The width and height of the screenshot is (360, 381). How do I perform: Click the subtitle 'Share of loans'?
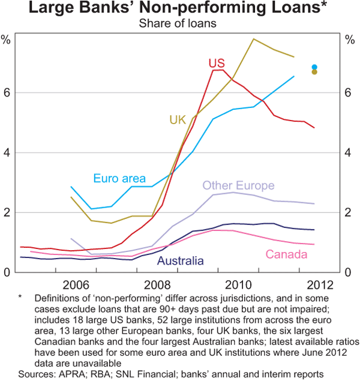click(179, 23)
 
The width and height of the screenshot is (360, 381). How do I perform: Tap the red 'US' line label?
click(217, 63)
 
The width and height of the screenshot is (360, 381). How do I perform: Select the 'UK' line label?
click(178, 120)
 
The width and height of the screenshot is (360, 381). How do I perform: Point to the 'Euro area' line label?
click(119, 178)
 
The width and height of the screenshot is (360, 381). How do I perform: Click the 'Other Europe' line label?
click(238, 185)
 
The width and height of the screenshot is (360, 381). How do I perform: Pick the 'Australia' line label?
click(181, 260)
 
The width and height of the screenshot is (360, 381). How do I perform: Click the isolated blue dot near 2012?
click(314, 67)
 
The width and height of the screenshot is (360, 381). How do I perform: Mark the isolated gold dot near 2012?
click(314, 72)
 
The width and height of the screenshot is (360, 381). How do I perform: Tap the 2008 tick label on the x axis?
click(160, 283)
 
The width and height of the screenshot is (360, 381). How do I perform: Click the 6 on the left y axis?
click(7, 92)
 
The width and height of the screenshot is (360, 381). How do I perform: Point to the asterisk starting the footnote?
click(20, 296)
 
